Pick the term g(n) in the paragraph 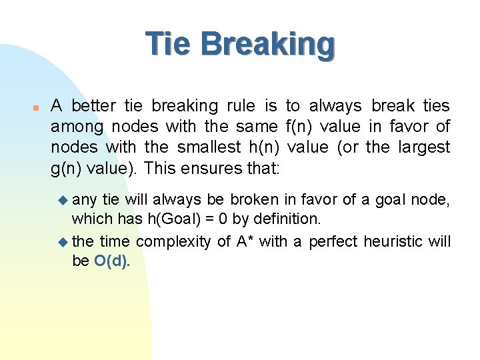(67, 168)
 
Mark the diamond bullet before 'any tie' (63, 199)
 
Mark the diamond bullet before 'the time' (63, 241)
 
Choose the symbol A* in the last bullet (245, 241)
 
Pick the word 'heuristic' (395, 241)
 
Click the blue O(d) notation (112, 261)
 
